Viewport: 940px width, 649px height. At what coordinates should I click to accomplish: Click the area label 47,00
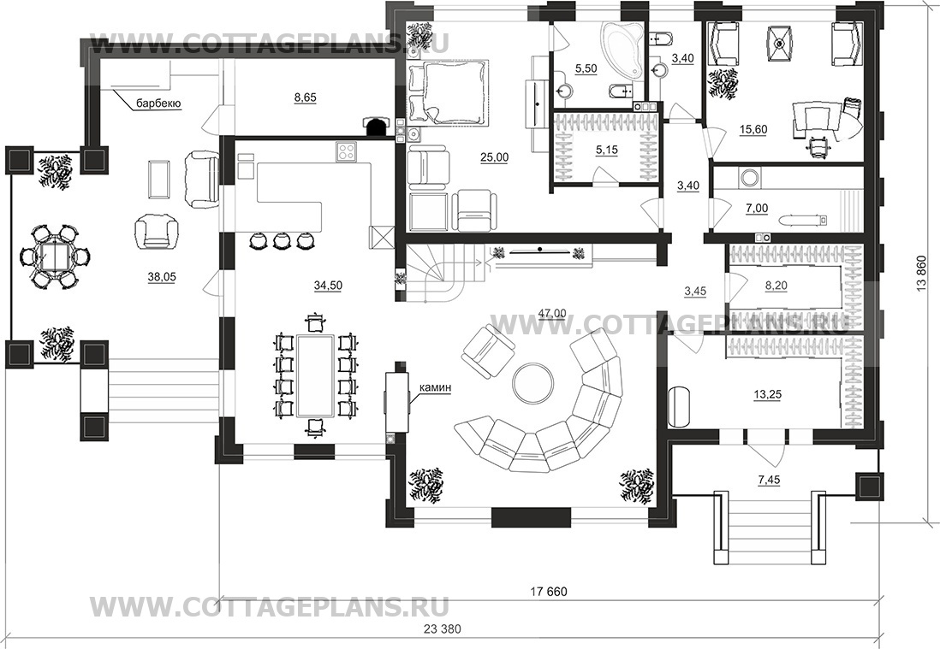[x=552, y=312]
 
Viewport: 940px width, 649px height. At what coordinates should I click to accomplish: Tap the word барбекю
[x=159, y=103]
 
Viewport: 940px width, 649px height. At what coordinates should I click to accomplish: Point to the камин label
[x=435, y=388]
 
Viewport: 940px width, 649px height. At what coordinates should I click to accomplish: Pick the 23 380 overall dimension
[x=443, y=628]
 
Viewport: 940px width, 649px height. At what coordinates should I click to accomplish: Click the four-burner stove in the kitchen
[x=347, y=151]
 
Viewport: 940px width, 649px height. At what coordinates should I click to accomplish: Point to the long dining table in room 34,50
[x=315, y=375]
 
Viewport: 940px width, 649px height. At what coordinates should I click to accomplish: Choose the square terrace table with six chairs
[x=55, y=257]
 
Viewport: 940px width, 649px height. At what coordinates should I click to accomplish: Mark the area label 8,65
[x=305, y=97]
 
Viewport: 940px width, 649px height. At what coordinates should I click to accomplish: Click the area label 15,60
[x=753, y=129]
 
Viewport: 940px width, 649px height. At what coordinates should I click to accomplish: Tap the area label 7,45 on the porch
[x=769, y=480]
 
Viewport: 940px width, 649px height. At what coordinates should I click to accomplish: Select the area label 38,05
[x=161, y=276]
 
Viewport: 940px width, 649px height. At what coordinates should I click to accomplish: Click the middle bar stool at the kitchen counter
[x=281, y=240]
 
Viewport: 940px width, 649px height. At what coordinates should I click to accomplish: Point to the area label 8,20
[x=776, y=286]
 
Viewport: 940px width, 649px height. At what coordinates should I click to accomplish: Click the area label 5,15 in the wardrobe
[x=607, y=149]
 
